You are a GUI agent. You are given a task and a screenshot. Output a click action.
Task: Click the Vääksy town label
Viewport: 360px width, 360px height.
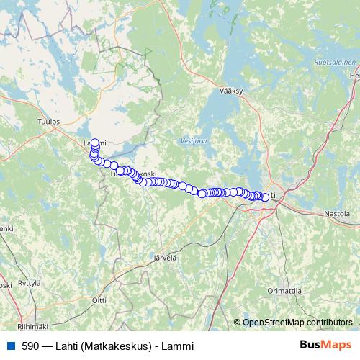coord(233,91)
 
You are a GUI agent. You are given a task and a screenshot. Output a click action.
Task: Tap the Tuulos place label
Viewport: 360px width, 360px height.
coord(48,122)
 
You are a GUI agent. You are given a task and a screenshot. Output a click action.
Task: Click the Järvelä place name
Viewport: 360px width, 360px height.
coord(165,257)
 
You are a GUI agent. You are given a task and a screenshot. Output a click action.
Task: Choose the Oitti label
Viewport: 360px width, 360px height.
coord(99,299)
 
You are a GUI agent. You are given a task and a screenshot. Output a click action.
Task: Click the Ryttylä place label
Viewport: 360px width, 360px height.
coord(29,283)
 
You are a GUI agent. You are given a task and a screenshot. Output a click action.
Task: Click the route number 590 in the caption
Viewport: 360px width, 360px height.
coord(30,346)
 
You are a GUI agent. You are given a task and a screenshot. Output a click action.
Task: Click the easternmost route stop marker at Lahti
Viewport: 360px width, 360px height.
coord(265,197)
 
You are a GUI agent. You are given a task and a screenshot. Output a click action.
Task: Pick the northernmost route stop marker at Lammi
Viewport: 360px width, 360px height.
coord(95,143)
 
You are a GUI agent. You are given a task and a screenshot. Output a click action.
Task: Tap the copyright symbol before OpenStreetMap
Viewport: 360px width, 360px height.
coord(237,322)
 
